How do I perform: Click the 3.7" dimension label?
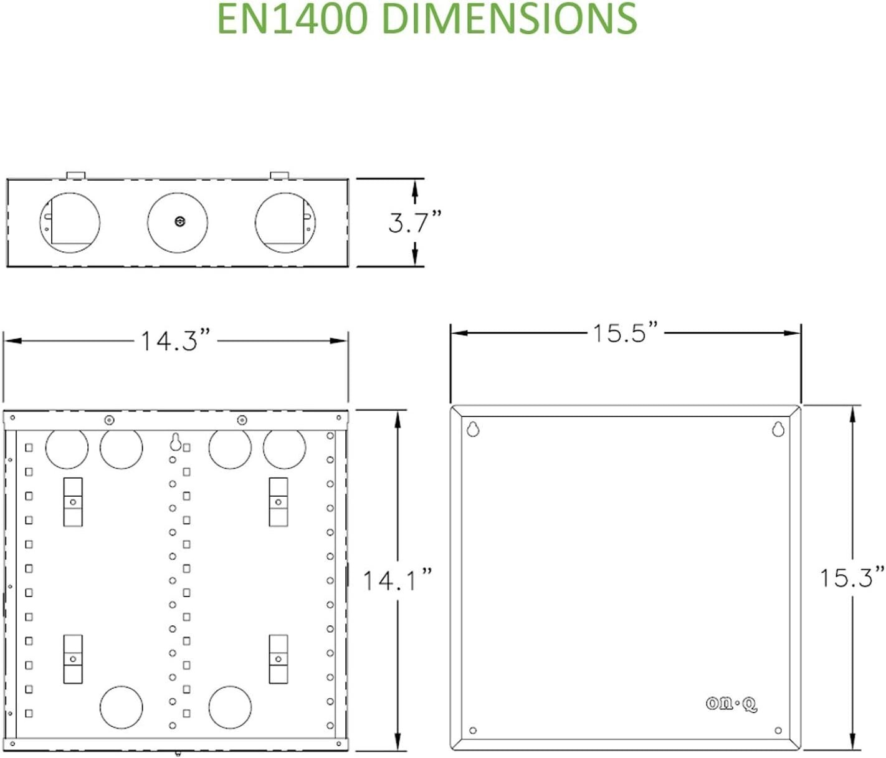pyautogui.click(x=414, y=222)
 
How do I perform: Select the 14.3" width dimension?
pyautogui.click(x=175, y=341)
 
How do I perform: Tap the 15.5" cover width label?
pyautogui.click(x=625, y=333)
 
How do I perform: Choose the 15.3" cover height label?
pyautogui.click(x=852, y=577)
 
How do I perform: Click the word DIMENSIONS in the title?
pyautogui.click(x=509, y=19)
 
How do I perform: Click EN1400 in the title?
pyautogui.click(x=293, y=19)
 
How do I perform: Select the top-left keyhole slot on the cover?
pyautogui.click(x=473, y=429)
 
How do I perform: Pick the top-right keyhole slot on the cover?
pyautogui.click(x=778, y=429)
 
